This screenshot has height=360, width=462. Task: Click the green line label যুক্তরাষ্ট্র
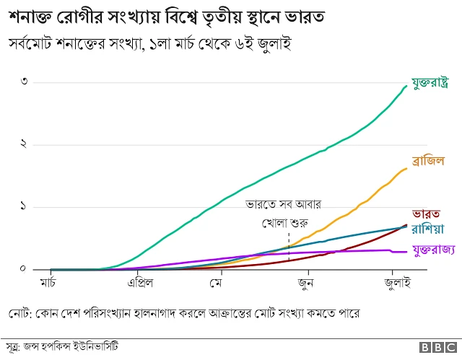point(432,84)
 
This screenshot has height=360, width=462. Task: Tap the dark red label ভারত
point(426,214)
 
